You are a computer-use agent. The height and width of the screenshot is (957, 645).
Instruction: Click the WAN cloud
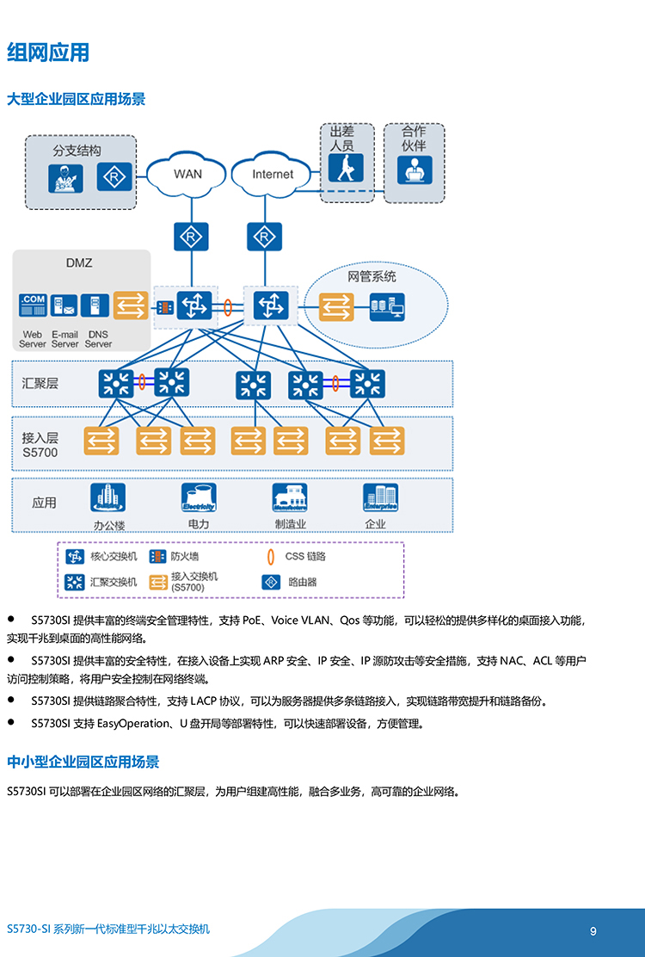(x=187, y=174)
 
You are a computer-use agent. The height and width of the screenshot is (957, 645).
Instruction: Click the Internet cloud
(x=272, y=174)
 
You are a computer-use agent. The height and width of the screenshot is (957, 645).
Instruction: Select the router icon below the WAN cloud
(x=190, y=236)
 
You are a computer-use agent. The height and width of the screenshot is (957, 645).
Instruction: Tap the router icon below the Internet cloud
(x=264, y=236)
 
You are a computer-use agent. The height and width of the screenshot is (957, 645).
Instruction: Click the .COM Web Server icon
(x=33, y=306)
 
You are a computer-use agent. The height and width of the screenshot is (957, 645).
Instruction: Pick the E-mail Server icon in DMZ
(x=64, y=306)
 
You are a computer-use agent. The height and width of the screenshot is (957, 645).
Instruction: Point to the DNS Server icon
(x=97, y=306)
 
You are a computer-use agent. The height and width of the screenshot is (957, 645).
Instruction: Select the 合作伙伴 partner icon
(x=414, y=169)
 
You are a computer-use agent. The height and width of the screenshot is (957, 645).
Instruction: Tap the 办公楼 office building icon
(x=108, y=498)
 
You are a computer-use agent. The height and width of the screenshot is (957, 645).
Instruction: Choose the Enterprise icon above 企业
(x=380, y=498)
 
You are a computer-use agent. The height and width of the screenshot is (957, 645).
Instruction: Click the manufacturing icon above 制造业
(x=290, y=498)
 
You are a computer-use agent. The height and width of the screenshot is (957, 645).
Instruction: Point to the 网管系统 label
(x=372, y=277)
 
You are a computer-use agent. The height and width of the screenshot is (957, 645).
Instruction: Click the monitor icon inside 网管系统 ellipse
(x=387, y=306)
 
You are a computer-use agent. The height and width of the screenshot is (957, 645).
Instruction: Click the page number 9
(x=593, y=931)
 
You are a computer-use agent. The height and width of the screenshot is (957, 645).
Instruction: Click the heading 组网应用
(x=48, y=52)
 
